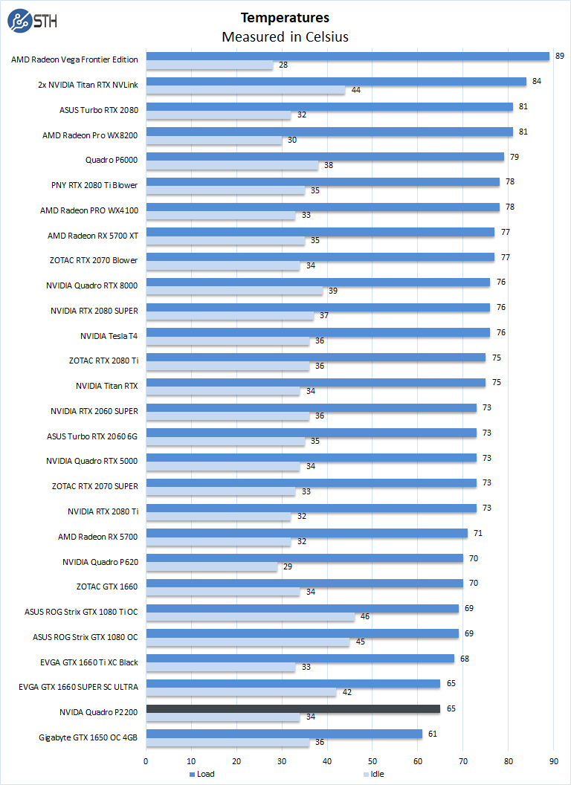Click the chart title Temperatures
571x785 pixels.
(x=285, y=17)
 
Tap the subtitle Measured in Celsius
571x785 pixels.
(x=285, y=36)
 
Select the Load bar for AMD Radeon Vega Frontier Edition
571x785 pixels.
(x=347, y=56)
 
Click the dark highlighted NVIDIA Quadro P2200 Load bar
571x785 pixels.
(x=293, y=709)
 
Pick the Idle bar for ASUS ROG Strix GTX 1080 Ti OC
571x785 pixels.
(x=250, y=616)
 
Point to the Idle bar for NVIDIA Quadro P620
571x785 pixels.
(x=211, y=566)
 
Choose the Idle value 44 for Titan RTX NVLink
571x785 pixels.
(x=356, y=90)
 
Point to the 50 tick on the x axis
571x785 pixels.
(x=372, y=760)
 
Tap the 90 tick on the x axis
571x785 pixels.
(x=554, y=760)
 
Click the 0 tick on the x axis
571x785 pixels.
(x=146, y=760)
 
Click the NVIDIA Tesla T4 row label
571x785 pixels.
(x=109, y=335)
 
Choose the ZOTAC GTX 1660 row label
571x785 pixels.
(x=107, y=587)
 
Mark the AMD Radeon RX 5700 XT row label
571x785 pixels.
(x=93, y=235)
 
